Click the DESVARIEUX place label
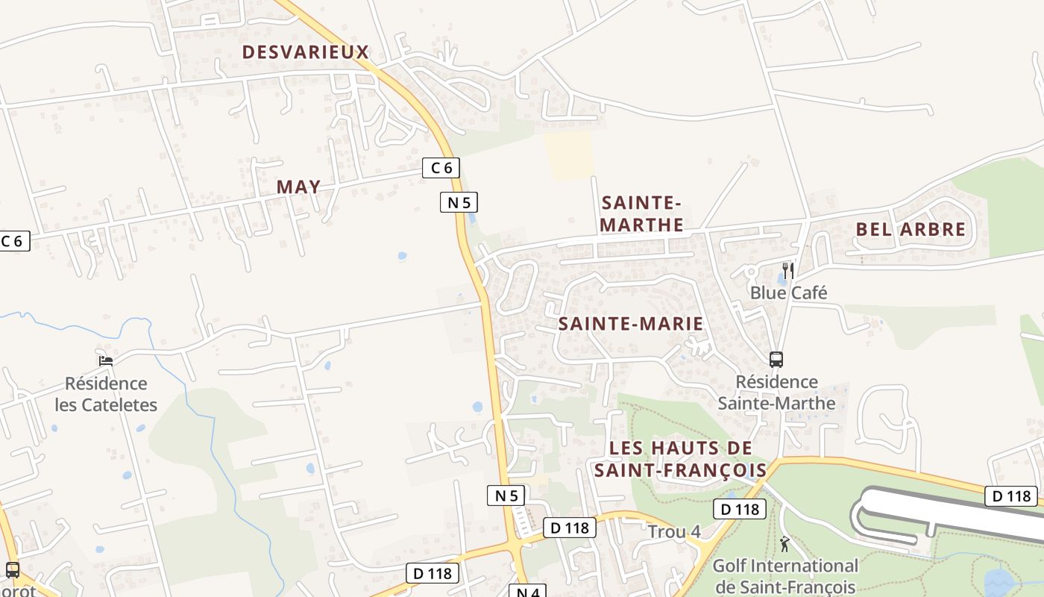[x=306, y=51]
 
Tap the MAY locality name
[x=298, y=187]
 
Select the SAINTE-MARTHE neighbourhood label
[x=642, y=213]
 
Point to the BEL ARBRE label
[x=911, y=229]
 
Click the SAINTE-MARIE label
[x=631, y=323]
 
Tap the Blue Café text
[x=788, y=293]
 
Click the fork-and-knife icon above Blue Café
[x=787, y=270]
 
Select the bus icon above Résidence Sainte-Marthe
[x=776, y=360]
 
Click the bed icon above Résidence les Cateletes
[x=106, y=360]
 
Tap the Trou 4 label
[x=674, y=532]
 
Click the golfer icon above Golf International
[x=784, y=543]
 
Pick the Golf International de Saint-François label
[x=785, y=576]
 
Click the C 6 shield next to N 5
[x=441, y=168]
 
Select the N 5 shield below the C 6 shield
[x=459, y=202]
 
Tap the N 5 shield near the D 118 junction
[x=506, y=495]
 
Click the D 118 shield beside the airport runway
[x=1011, y=496]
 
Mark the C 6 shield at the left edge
[x=13, y=241]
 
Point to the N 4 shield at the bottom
[x=528, y=592]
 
